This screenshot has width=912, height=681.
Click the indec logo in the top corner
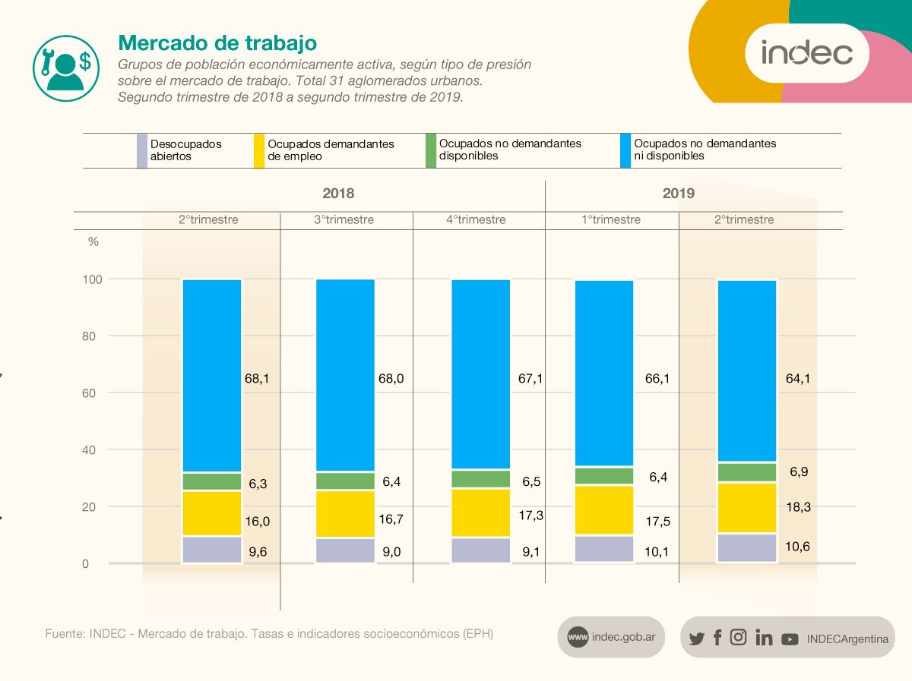[807, 53]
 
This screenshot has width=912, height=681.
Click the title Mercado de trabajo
[217, 42]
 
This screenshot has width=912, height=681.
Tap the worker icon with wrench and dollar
[67, 67]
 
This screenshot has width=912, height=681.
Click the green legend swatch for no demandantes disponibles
[431, 150]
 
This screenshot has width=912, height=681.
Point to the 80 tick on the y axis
[90, 336]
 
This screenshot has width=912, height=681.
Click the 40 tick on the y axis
[90, 450]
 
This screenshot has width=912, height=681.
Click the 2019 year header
[678, 194]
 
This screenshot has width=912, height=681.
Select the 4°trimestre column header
[476, 219]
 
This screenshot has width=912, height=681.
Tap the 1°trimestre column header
[611, 219]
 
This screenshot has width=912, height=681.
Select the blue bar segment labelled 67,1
[481, 374]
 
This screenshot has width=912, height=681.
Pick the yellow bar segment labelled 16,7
[345, 514]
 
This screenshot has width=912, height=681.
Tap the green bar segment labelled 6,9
[747, 472]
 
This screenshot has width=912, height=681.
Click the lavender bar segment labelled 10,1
[604, 549]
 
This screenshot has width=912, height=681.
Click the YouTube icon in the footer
[790, 639]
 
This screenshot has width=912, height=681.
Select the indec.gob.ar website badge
[611, 638]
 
